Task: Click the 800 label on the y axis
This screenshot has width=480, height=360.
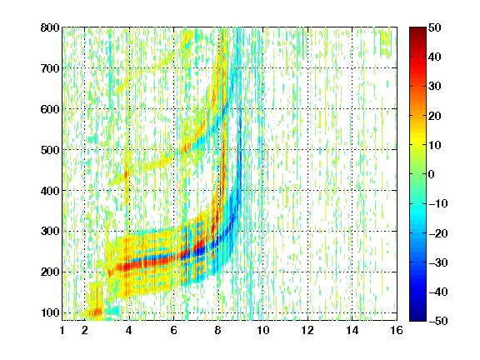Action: coord(50,27)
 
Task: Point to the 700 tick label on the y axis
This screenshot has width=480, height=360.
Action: coord(50,68)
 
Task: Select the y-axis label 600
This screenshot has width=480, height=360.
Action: coord(50,109)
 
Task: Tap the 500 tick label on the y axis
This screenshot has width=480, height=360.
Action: coord(50,150)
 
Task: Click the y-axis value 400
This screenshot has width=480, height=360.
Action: coord(50,191)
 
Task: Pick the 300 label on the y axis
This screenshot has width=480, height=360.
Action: coord(50,231)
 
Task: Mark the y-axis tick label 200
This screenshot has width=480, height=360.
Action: coord(50,272)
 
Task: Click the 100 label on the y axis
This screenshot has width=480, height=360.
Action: coord(50,312)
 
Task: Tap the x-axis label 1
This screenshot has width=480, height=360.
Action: coord(62,330)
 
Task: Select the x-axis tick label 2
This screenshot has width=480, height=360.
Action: coord(85,330)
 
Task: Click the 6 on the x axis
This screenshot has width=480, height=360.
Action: coord(174,330)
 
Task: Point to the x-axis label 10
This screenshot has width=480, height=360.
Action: coord(262,330)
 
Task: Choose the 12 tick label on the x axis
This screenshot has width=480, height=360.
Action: coord(307,330)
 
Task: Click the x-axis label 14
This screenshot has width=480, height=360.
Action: coord(352,330)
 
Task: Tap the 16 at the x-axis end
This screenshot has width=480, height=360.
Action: coord(397,330)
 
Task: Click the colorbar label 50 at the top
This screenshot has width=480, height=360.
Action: coord(434,27)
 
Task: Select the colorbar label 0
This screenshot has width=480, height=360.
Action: coord(432,174)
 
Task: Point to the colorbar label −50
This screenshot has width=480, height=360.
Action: coord(438,321)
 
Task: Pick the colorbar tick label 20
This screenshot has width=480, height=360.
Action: coord(434,116)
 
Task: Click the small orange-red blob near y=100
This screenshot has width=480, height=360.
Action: coord(95,312)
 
